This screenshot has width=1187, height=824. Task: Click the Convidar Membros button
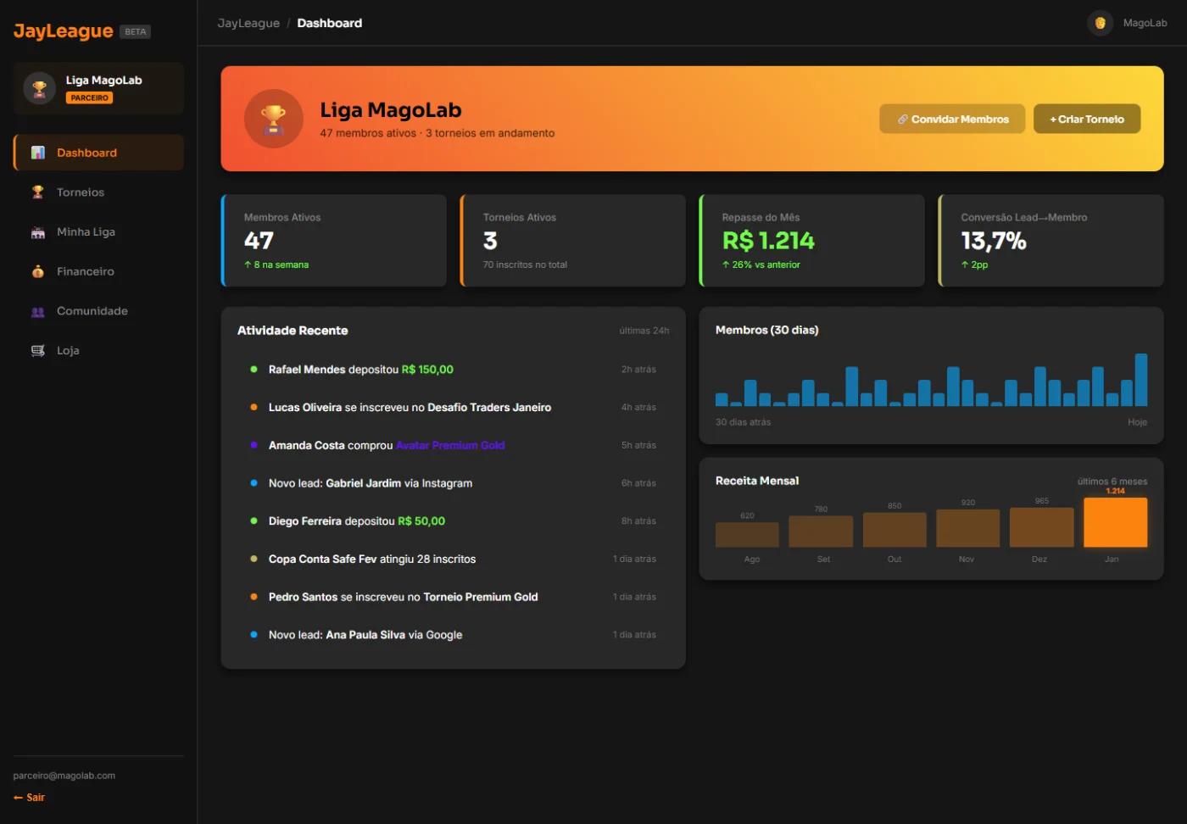951,119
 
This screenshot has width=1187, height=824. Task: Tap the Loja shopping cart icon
37,350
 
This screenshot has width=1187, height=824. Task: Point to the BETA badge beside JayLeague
135,32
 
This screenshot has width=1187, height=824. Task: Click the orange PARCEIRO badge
89,98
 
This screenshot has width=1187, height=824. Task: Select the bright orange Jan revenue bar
1115,522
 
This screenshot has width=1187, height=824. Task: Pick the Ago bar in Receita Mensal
747,535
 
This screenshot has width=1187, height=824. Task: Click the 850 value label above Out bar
894,505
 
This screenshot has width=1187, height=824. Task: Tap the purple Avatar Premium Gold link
450,445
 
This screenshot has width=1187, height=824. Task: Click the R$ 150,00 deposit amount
427,370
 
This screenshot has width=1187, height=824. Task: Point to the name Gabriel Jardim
363,483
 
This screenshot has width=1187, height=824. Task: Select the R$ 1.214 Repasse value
768,241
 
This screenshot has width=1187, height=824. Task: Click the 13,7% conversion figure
994,241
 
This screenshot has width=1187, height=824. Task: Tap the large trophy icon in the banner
273,119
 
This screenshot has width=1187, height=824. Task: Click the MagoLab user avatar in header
1101,24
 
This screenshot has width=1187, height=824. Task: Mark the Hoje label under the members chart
1137,422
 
